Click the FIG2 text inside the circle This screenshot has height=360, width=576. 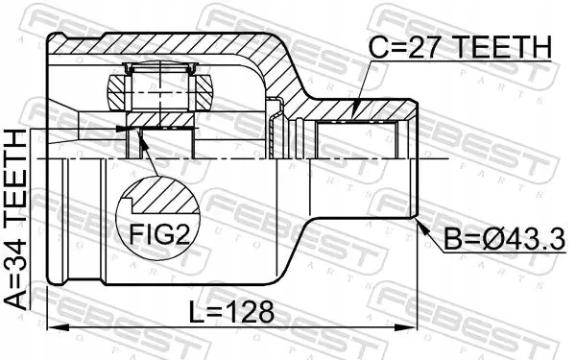156,233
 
